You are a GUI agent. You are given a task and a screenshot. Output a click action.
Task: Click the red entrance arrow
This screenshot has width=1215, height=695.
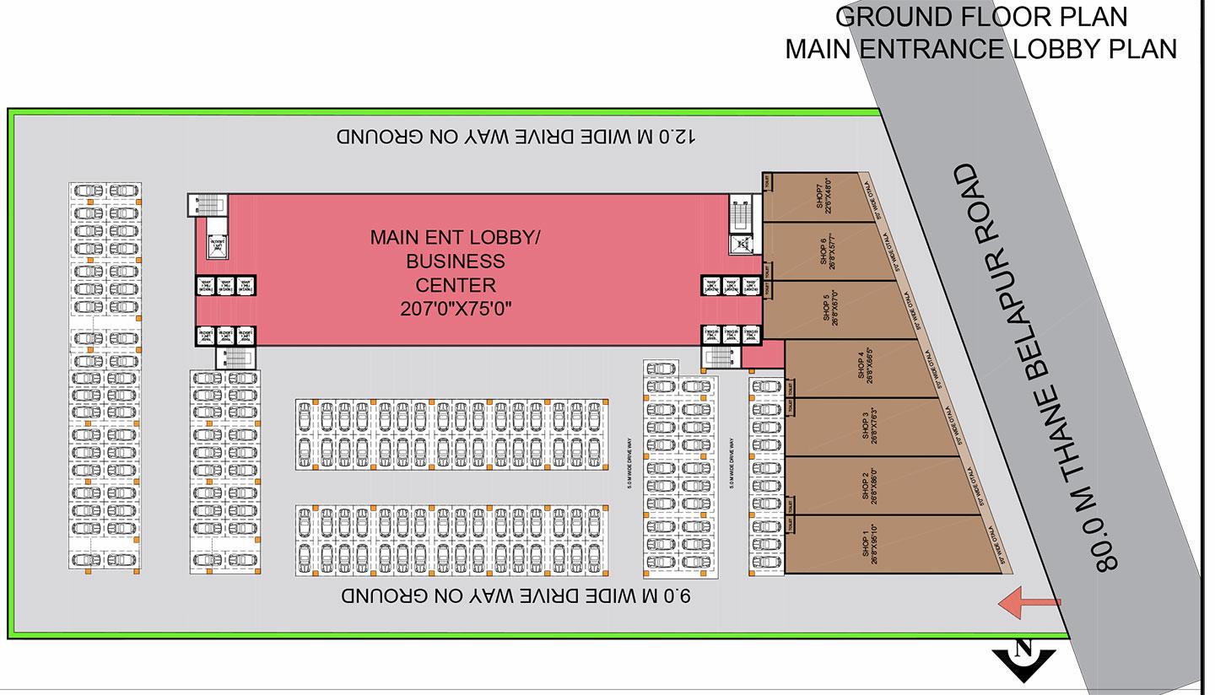[1029, 602]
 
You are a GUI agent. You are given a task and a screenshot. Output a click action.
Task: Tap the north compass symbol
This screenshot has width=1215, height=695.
[1024, 659]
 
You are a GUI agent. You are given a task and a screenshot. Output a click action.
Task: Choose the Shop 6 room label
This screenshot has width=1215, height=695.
[827, 251]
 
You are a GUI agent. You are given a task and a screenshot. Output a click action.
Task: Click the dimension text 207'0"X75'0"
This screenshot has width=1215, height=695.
[456, 310]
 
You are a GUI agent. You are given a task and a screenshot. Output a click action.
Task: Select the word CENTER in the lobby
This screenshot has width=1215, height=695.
[456, 285]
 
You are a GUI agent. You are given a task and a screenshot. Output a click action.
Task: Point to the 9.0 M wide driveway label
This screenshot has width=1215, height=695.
[516, 596]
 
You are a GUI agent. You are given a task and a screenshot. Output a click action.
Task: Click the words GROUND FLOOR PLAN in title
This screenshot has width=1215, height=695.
[981, 16]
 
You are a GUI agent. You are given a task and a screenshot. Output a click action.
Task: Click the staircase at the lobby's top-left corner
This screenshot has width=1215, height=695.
[208, 203]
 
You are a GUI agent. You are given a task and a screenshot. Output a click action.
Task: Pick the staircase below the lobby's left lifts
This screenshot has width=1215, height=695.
[235, 357]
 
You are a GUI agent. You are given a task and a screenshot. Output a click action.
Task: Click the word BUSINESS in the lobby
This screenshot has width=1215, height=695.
[456, 261]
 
